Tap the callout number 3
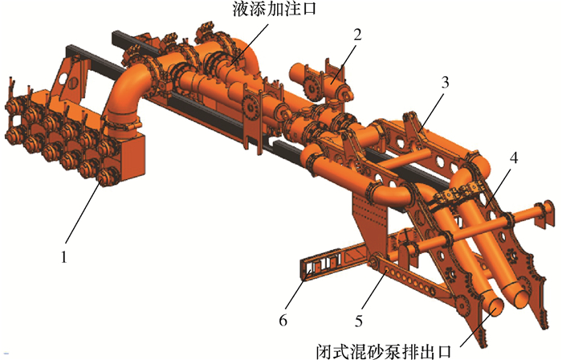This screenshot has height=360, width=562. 445,81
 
